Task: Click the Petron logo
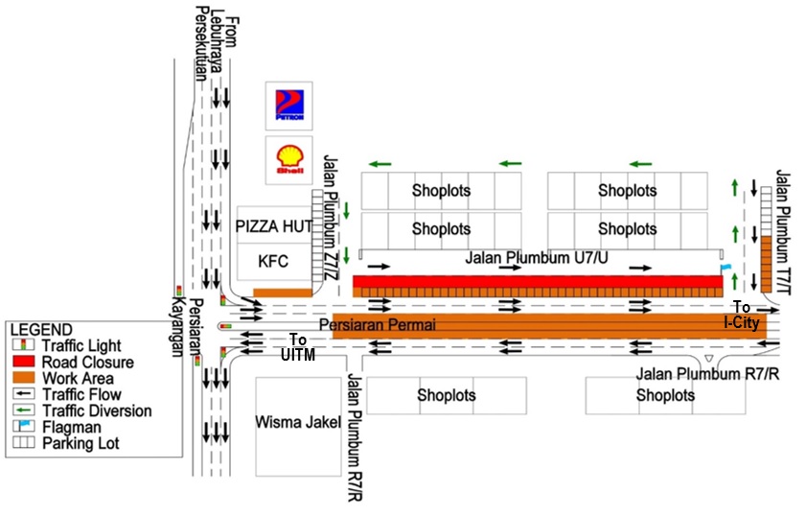point(289,105)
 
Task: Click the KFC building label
point(272,261)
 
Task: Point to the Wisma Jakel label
point(298,422)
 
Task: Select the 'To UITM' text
point(298,347)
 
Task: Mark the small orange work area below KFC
point(283,292)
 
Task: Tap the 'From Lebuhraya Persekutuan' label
point(219,48)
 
